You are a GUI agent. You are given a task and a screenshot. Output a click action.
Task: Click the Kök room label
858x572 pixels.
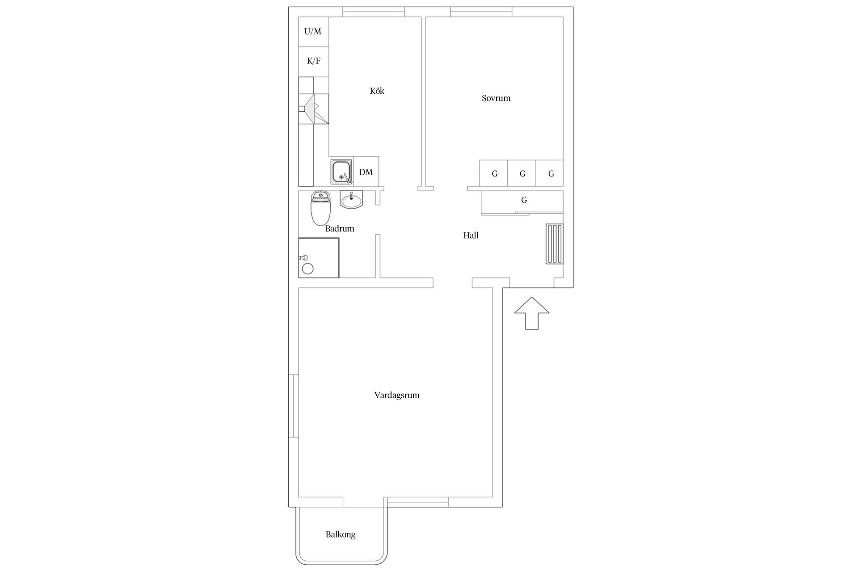377,91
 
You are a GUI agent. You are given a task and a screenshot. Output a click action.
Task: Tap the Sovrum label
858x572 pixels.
496,98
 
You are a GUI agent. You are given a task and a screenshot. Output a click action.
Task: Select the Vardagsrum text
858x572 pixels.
397,395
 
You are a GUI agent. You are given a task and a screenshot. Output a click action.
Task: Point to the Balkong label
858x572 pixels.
341,534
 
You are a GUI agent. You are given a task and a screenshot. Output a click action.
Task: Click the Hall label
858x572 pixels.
471,235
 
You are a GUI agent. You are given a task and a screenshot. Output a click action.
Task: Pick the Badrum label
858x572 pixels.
340,228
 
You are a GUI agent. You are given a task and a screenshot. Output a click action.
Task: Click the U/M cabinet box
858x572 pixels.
313,32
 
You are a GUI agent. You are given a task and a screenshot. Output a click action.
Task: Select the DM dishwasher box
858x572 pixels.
366,171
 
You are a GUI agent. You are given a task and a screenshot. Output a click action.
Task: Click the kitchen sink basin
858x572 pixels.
342,172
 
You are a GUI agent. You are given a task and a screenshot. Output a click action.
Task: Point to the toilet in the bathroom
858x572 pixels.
320,208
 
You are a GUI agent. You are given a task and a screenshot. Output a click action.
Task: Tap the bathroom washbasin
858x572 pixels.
352,199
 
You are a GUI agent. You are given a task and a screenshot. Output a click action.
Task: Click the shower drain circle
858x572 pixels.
308,269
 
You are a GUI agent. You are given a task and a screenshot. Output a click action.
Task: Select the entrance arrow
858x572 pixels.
532,313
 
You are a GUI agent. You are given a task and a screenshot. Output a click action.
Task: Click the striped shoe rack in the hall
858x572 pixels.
554,244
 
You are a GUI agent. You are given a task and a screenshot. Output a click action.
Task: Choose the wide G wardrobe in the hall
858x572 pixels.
522,202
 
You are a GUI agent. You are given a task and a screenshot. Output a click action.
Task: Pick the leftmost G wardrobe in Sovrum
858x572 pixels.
493,173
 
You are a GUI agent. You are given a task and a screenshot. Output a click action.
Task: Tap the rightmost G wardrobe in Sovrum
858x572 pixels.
549,173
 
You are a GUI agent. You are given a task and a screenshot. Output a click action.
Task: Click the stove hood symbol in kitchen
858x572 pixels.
314,108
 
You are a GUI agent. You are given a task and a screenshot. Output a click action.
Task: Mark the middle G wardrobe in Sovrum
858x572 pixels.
522,173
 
